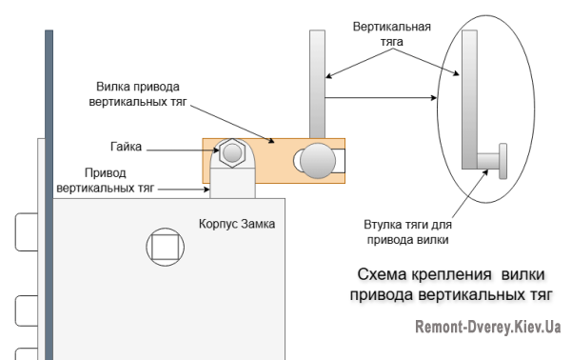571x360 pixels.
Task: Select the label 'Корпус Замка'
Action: [238, 225]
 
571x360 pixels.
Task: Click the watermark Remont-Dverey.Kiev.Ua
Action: [486, 328]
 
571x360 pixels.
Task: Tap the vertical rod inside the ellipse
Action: [468, 95]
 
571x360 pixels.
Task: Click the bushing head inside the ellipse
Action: [502, 157]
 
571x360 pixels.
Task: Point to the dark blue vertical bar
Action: [47, 190]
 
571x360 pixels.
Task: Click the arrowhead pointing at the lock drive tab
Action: [209, 190]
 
